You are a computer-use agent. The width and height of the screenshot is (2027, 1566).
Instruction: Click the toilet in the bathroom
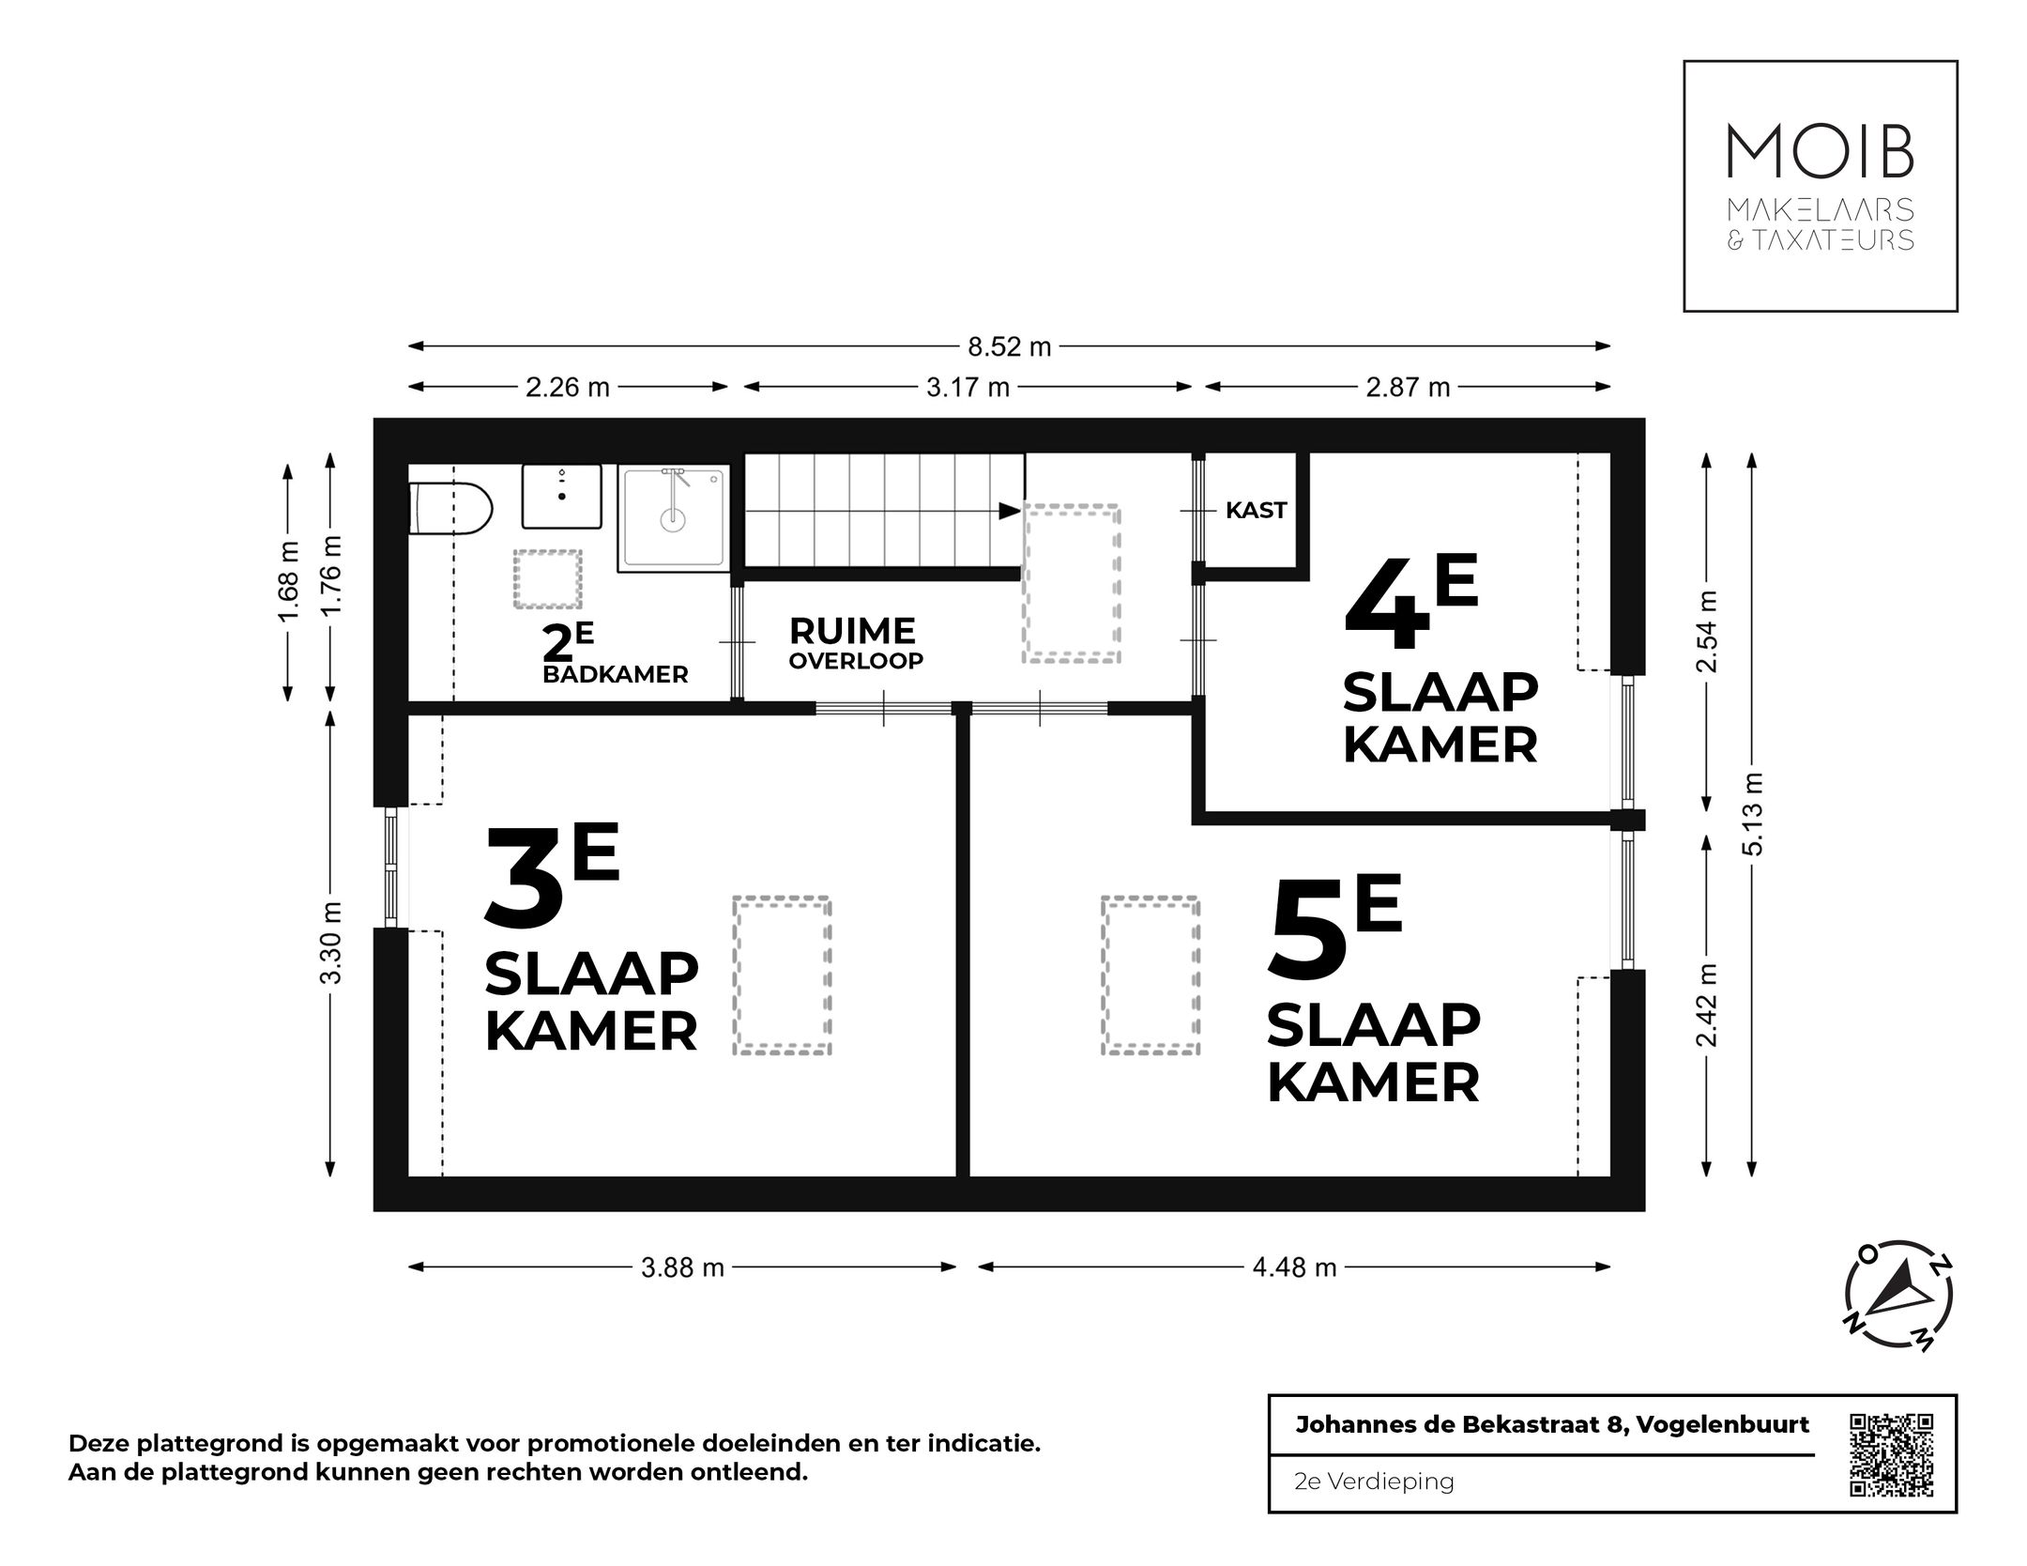coord(452,509)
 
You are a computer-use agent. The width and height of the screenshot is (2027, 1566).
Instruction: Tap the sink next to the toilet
coord(561,496)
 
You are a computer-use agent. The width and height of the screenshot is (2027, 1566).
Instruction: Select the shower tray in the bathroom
coord(673,518)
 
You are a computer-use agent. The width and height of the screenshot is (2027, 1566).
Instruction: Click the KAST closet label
coord(1256,511)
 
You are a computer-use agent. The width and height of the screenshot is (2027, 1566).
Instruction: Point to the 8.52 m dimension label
coord(1010,346)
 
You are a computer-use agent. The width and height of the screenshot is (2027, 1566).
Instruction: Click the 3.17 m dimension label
coord(968,387)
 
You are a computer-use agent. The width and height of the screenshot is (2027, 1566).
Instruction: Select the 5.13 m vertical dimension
coord(1752,813)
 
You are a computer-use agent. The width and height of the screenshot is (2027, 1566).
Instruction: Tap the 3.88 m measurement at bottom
coord(682,1267)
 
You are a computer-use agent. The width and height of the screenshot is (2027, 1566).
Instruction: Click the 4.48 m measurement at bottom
coord(1294,1267)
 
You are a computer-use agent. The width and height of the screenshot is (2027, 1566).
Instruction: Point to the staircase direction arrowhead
coord(1010,511)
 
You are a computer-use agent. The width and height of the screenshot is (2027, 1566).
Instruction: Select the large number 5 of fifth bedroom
coord(1307,929)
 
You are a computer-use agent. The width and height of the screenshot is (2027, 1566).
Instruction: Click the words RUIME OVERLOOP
coord(854,643)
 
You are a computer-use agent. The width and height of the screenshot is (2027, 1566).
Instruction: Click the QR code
coord(1891,1454)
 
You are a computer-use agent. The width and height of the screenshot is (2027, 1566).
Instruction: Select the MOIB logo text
coord(1820,153)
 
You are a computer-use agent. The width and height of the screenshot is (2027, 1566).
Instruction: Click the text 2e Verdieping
coord(1374,1482)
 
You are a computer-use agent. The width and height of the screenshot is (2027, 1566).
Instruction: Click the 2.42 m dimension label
coord(1707,1005)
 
